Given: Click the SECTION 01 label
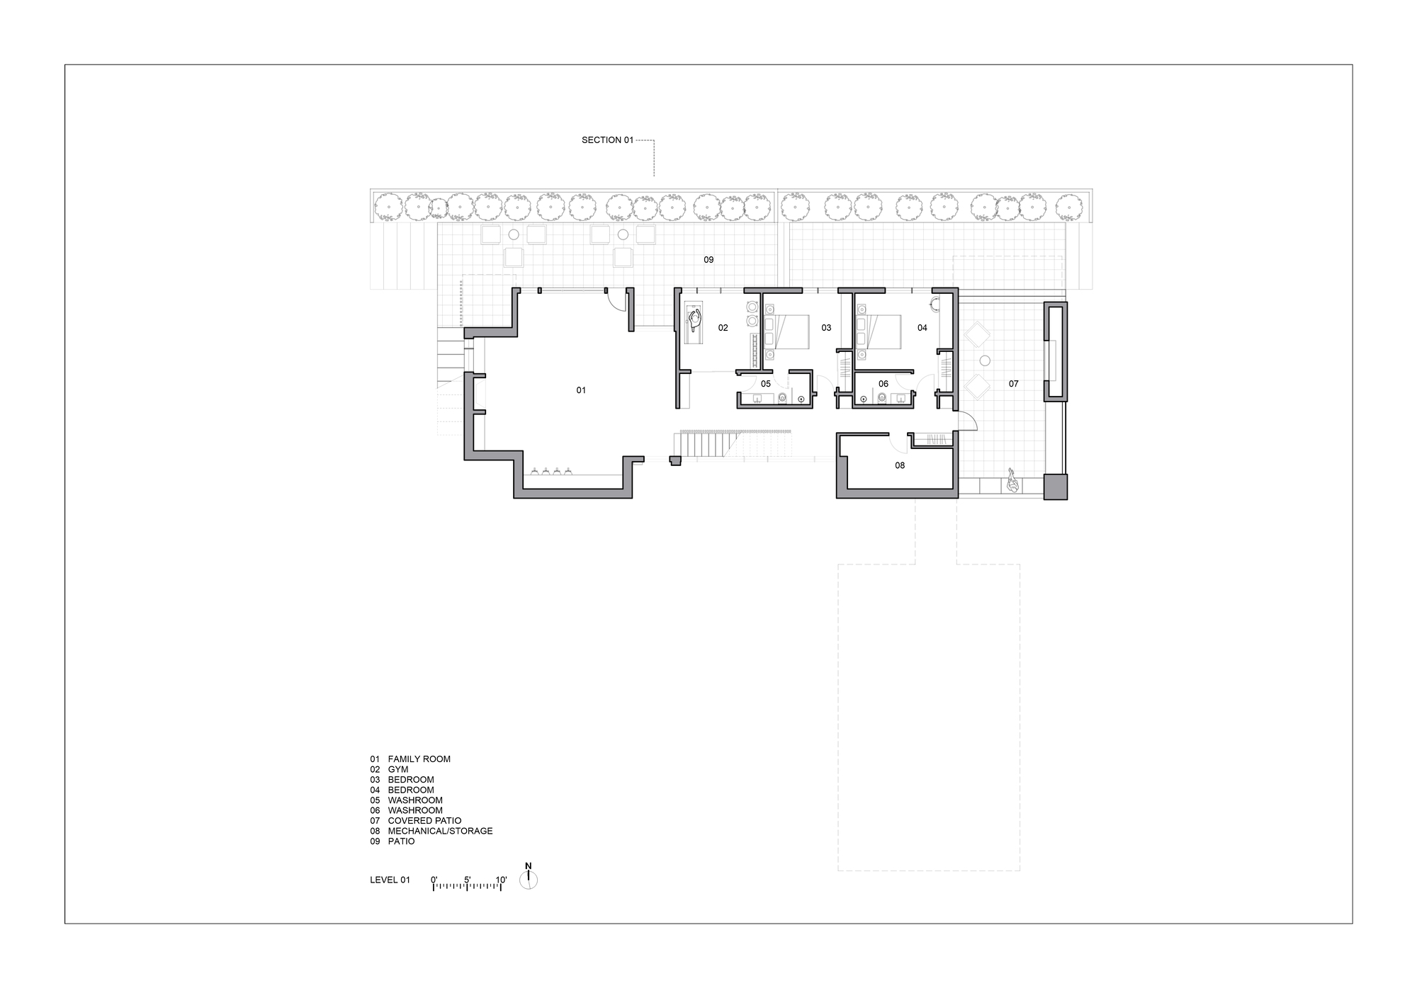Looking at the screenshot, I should [x=607, y=140].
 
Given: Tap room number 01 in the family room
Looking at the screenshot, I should [x=581, y=390].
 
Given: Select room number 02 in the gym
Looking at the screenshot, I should [x=723, y=328].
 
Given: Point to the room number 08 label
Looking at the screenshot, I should [x=900, y=465].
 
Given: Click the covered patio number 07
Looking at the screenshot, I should [x=1013, y=384].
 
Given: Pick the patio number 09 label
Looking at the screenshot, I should [x=708, y=260].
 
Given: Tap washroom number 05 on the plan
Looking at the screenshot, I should [x=765, y=384].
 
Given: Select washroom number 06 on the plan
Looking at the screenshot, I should [x=883, y=384].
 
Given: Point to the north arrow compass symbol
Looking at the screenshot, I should [x=529, y=878].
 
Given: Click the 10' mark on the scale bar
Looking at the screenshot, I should [x=501, y=880].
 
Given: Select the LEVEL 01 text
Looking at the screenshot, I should [x=390, y=880].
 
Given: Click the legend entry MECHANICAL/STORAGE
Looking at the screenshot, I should [x=440, y=831].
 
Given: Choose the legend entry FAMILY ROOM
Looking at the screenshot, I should [x=419, y=759].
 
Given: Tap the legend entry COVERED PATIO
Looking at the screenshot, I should [x=424, y=821].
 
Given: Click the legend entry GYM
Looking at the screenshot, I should [x=397, y=769].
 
